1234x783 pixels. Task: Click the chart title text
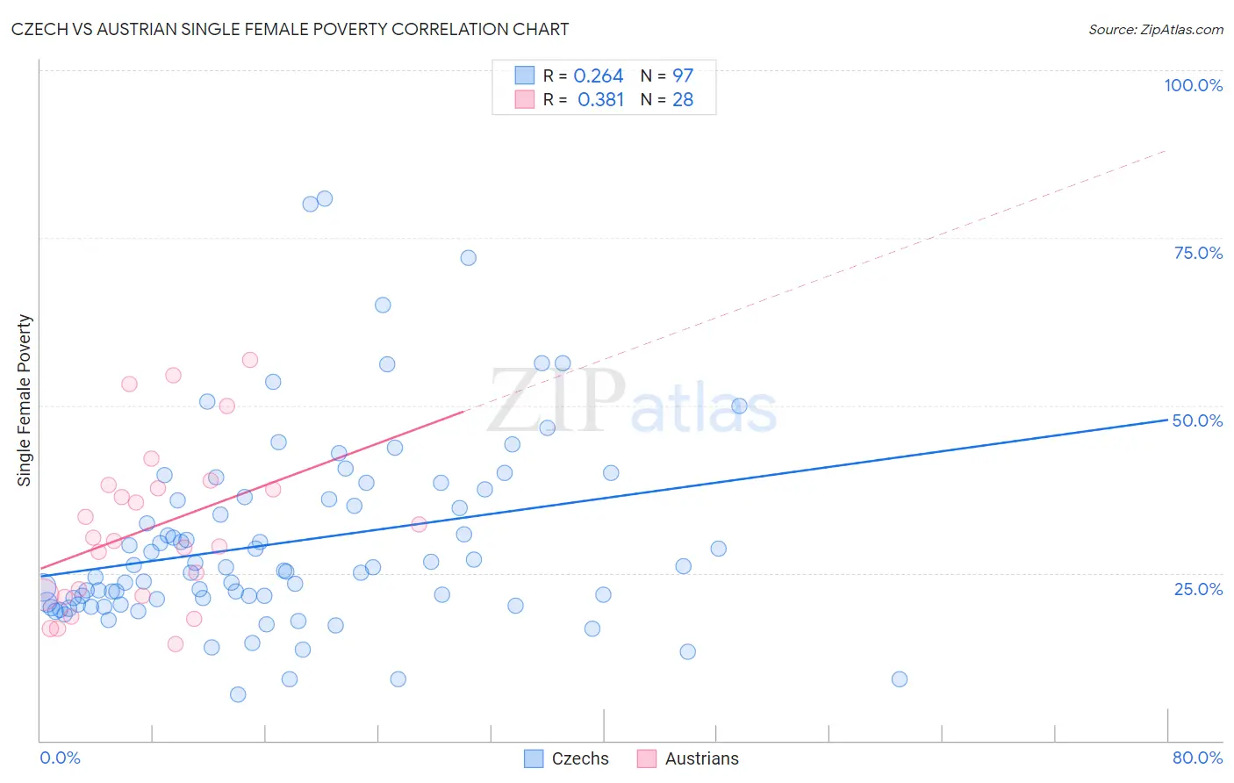coord(290,29)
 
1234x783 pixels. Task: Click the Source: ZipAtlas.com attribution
coord(1155,29)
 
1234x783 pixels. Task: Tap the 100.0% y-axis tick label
coord(1193,85)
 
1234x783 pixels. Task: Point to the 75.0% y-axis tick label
coord(1198,253)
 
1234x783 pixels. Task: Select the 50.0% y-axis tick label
coord(1197,420)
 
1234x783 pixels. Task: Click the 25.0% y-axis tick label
coord(1198,588)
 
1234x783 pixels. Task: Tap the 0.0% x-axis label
coord(60,758)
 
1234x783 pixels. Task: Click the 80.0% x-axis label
coord(1197,758)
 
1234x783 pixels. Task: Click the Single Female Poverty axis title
coord(25,400)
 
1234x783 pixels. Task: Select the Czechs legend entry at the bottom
coord(566,758)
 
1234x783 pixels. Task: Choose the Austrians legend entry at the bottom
coord(688,758)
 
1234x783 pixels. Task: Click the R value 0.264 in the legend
coord(598,76)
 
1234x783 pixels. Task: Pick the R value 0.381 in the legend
coord(600,100)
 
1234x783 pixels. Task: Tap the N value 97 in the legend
coord(683,76)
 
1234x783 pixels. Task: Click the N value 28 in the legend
coord(683,100)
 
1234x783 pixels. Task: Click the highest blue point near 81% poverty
coord(325,198)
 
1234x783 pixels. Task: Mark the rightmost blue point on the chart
coord(899,679)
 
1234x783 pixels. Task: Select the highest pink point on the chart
coord(250,360)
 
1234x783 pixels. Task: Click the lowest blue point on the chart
coord(238,694)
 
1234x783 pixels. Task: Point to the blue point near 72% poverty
coord(469,258)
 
